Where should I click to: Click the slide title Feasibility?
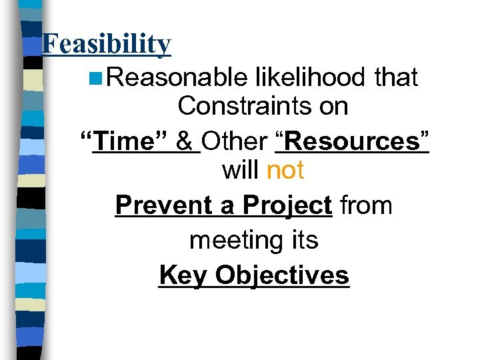click(x=106, y=44)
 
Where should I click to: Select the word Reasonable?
click(x=177, y=78)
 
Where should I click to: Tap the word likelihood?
click(x=311, y=78)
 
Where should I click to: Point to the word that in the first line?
click(x=396, y=78)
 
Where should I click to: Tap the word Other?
click(x=235, y=141)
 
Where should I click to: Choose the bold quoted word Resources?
click(x=351, y=141)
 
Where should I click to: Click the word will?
click(x=241, y=171)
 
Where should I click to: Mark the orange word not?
click(x=285, y=171)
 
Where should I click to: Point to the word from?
click(x=366, y=205)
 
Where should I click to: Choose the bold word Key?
click(x=184, y=275)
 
